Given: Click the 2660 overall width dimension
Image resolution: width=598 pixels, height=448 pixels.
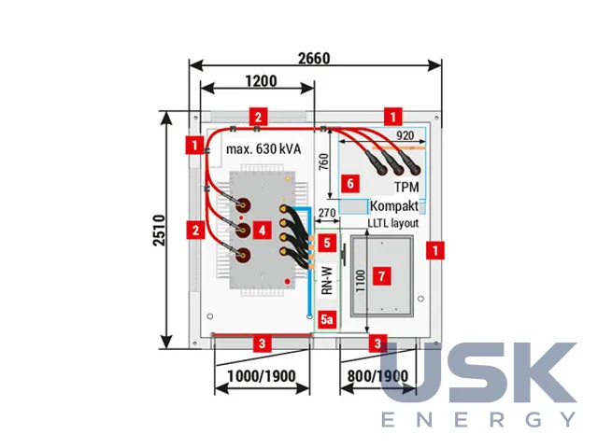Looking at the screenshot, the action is point(314,58).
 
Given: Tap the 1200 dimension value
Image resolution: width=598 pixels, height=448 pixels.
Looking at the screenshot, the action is point(262,81).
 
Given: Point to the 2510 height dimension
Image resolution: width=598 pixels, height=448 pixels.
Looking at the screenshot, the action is point(159,231).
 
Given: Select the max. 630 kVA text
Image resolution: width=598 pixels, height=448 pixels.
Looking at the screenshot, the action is point(263,149).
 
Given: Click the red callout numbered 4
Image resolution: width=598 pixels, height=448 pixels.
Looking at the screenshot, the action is point(262,231).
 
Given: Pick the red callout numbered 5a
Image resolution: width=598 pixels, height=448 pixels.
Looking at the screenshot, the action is point(327,319).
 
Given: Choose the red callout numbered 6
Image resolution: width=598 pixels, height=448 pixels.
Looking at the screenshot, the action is point(350,184).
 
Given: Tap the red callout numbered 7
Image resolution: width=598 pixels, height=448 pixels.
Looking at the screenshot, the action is point(382,275).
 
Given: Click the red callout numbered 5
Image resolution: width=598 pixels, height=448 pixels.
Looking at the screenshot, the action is point(327,243).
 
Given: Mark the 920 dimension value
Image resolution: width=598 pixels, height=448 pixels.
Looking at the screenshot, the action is point(405,135).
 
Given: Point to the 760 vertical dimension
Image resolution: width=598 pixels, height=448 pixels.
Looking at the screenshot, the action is point(323,161).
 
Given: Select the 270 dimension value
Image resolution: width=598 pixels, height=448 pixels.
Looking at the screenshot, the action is point(327,213).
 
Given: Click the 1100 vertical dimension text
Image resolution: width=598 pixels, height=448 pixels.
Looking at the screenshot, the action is point(361,281).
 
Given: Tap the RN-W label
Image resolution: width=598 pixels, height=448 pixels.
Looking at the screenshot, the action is point(327,281).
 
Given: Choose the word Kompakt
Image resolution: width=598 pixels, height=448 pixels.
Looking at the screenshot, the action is point(394,206).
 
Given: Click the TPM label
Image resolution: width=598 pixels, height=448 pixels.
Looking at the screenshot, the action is point(406,187).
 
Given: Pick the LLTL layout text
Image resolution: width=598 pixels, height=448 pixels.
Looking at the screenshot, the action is point(393,223).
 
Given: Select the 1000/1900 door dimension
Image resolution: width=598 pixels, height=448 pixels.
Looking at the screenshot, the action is point(262,376).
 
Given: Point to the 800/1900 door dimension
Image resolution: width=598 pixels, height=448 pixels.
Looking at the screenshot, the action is point(377,376).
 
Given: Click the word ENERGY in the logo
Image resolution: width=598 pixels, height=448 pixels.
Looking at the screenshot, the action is point(479,419).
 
